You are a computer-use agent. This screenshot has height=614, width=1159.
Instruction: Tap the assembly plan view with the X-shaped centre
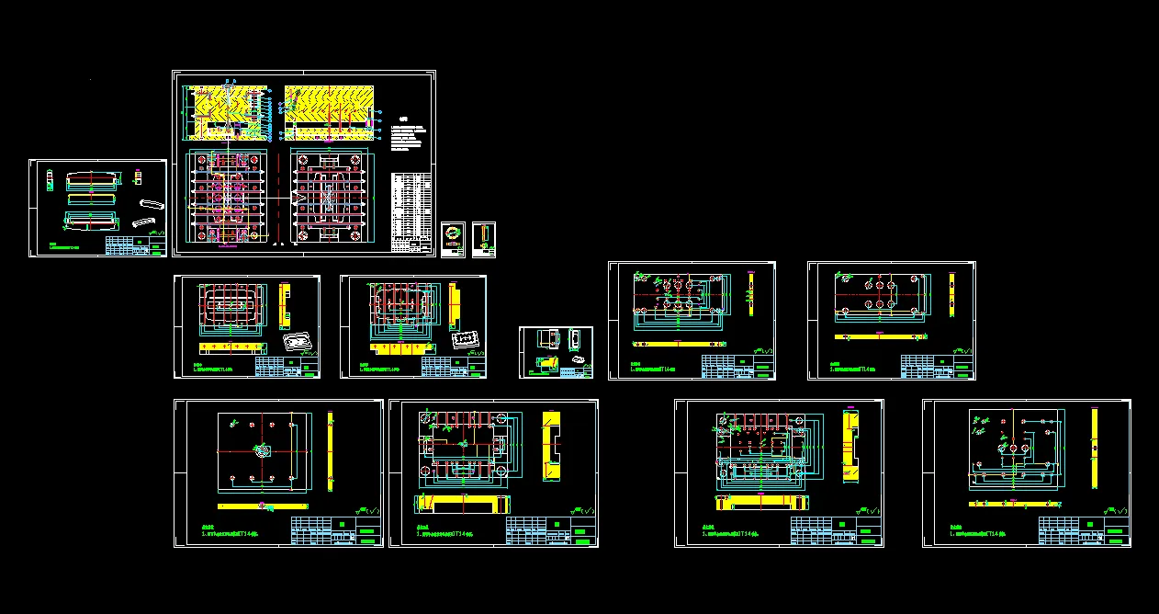pyautogui.click(x=328, y=198)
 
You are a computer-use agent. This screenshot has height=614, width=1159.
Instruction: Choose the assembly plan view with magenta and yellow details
pyautogui.click(x=226, y=198)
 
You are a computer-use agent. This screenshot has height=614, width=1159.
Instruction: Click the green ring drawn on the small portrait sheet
pyautogui.click(x=452, y=233)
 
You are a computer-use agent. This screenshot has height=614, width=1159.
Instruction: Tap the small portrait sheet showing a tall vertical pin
pyautogui.click(x=484, y=239)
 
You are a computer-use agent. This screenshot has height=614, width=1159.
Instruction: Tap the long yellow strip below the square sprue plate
pyautogui.click(x=263, y=506)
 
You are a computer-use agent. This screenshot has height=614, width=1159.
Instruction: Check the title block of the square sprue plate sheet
pyautogui.click(x=336, y=530)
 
